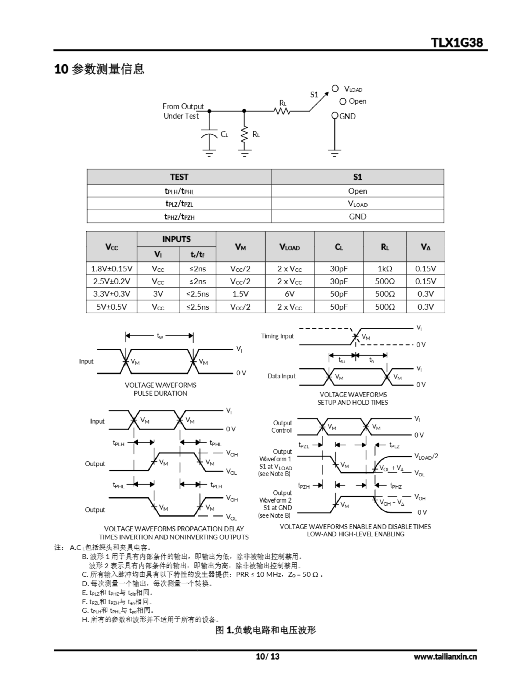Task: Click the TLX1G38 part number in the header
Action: (x=457, y=42)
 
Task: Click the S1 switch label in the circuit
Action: (x=314, y=95)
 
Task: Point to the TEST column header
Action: (x=179, y=177)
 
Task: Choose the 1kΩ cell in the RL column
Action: (x=385, y=269)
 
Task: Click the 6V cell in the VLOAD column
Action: (x=289, y=294)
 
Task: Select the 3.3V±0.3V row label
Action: (x=111, y=294)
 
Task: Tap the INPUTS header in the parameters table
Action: (x=176, y=239)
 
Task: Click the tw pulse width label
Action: (x=160, y=336)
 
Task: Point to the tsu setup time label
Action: (x=341, y=360)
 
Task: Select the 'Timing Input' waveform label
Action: (x=277, y=336)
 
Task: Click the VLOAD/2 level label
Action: (x=426, y=456)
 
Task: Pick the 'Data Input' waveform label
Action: (x=281, y=376)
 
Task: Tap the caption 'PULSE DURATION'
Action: (x=160, y=393)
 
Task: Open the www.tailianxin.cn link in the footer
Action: (x=445, y=657)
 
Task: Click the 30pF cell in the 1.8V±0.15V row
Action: (x=339, y=269)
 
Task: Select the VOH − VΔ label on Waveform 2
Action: (x=392, y=503)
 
